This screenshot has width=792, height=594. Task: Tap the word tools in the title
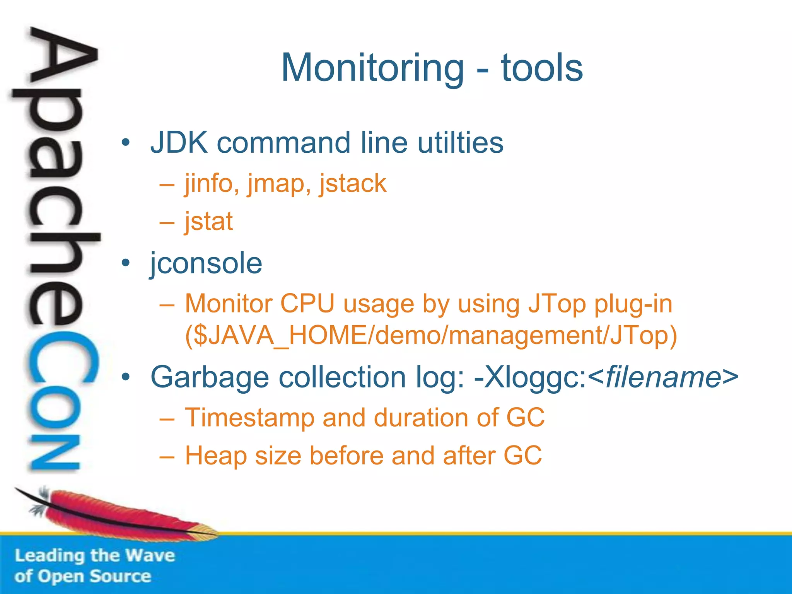(x=542, y=68)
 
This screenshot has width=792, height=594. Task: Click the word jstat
(x=209, y=222)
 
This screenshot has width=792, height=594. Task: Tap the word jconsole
(x=206, y=263)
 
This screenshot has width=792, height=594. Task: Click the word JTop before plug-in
(x=557, y=304)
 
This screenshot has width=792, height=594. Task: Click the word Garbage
(x=209, y=377)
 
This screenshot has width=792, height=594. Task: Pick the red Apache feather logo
(x=116, y=512)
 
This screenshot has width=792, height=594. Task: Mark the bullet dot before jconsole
(x=125, y=263)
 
